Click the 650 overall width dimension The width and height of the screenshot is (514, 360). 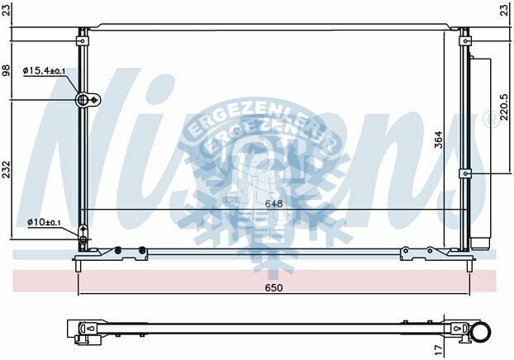click(x=274, y=287)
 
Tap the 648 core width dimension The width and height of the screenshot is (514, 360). click(x=274, y=202)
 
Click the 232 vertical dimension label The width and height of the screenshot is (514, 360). click(x=7, y=168)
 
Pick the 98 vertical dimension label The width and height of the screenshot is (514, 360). click(x=7, y=69)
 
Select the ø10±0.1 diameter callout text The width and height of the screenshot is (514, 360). click(x=44, y=222)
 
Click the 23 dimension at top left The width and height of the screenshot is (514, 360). click(x=7, y=10)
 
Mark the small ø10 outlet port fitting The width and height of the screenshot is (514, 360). click(x=83, y=239)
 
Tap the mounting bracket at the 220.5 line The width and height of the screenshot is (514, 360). click(x=466, y=173)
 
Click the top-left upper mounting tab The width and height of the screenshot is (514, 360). click(x=83, y=36)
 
